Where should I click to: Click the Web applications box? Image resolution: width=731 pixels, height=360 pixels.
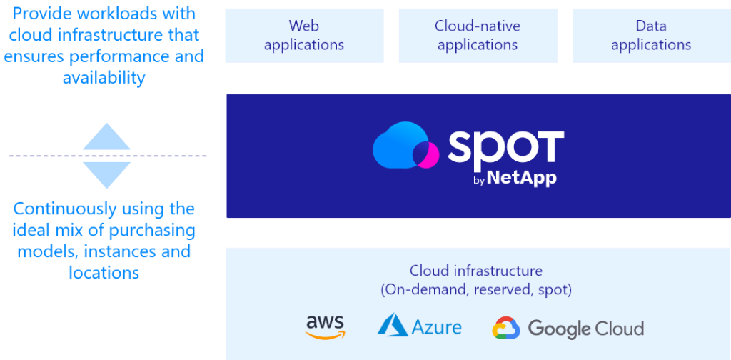click(x=304, y=36)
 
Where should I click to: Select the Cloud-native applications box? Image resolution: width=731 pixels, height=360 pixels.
click(x=477, y=36)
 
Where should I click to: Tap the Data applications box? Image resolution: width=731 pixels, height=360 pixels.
click(x=651, y=36)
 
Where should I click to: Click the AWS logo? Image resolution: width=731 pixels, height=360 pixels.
click(x=325, y=326)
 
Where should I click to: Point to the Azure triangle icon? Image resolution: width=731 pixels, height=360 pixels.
click(x=393, y=325)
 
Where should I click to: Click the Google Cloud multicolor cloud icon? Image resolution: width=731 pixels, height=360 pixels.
click(x=506, y=328)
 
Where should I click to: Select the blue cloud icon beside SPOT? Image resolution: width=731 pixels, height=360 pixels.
click(x=400, y=146)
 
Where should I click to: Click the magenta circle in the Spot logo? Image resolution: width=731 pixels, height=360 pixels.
click(x=428, y=154)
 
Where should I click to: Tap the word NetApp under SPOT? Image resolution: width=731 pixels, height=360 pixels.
click(x=522, y=179)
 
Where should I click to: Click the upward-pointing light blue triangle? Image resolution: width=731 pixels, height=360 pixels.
click(x=107, y=137)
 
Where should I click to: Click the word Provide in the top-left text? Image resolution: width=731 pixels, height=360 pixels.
click(x=41, y=14)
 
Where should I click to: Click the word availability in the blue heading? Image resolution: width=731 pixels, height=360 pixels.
click(x=104, y=78)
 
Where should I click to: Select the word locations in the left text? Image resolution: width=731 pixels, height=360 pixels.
click(x=104, y=273)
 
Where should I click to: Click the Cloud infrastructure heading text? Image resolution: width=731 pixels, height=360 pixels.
click(x=475, y=271)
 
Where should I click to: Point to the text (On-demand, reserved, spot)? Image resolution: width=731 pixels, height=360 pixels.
click(x=475, y=289)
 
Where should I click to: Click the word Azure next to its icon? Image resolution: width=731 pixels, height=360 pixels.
click(x=436, y=327)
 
